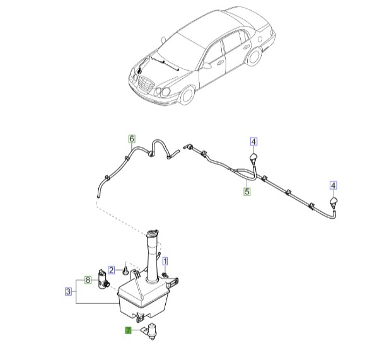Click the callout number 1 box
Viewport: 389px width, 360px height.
pyautogui.click(x=166, y=260)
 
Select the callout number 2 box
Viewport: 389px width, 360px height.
pyautogui.click(x=111, y=269)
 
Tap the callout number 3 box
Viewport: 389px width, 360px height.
pyautogui.click(x=67, y=291)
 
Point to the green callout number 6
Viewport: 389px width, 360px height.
pyautogui.click(x=132, y=139)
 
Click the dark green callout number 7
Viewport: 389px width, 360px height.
pyautogui.click(x=128, y=330)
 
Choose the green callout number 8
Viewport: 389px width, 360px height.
pyautogui.click(x=88, y=280)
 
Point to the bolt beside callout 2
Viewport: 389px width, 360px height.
pyautogui.click(x=125, y=271)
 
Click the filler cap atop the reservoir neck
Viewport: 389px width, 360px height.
pyautogui.click(x=153, y=235)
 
